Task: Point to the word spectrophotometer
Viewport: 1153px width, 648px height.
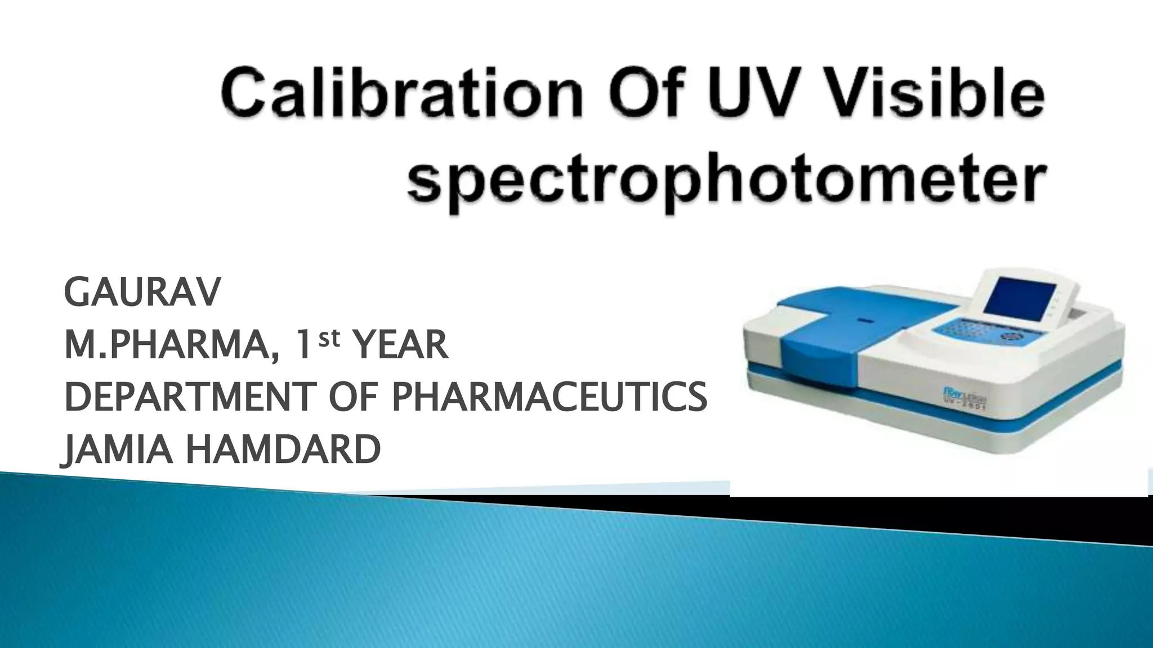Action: pyautogui.click(x=727, y=179)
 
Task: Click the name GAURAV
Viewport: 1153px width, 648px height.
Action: pyautogui.click(x=142, y=292)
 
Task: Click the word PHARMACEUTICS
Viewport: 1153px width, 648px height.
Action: pyautogui.click(x=549, y=397)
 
